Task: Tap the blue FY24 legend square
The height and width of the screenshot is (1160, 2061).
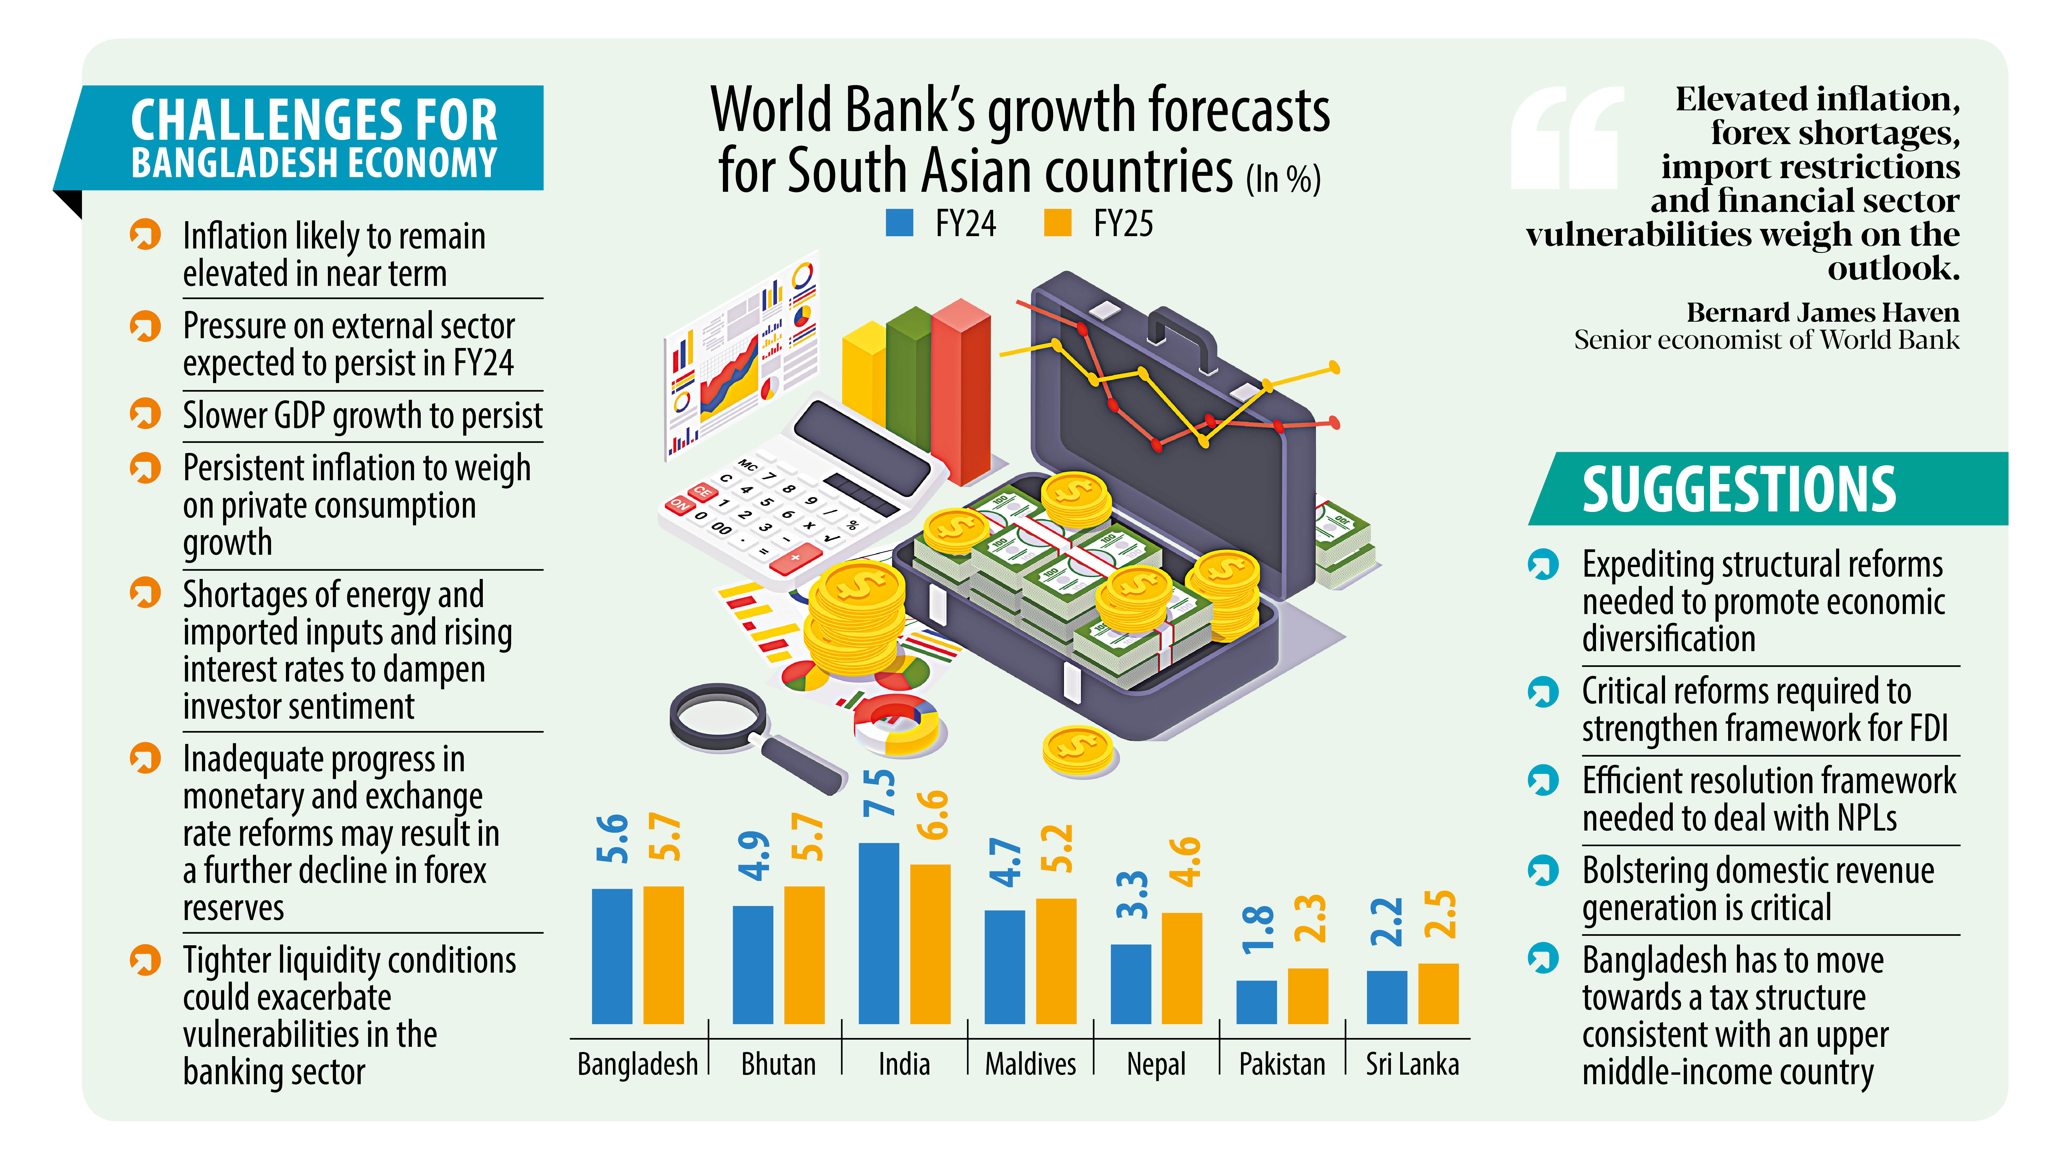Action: pos(899,222)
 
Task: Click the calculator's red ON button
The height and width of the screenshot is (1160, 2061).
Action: pos(679,504)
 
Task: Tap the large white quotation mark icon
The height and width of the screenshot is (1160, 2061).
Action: pos(1567,138)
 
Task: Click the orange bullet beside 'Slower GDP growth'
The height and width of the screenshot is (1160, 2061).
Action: pos(145,414)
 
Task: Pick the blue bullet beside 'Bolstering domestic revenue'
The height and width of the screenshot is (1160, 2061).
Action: pos(1543,870)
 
